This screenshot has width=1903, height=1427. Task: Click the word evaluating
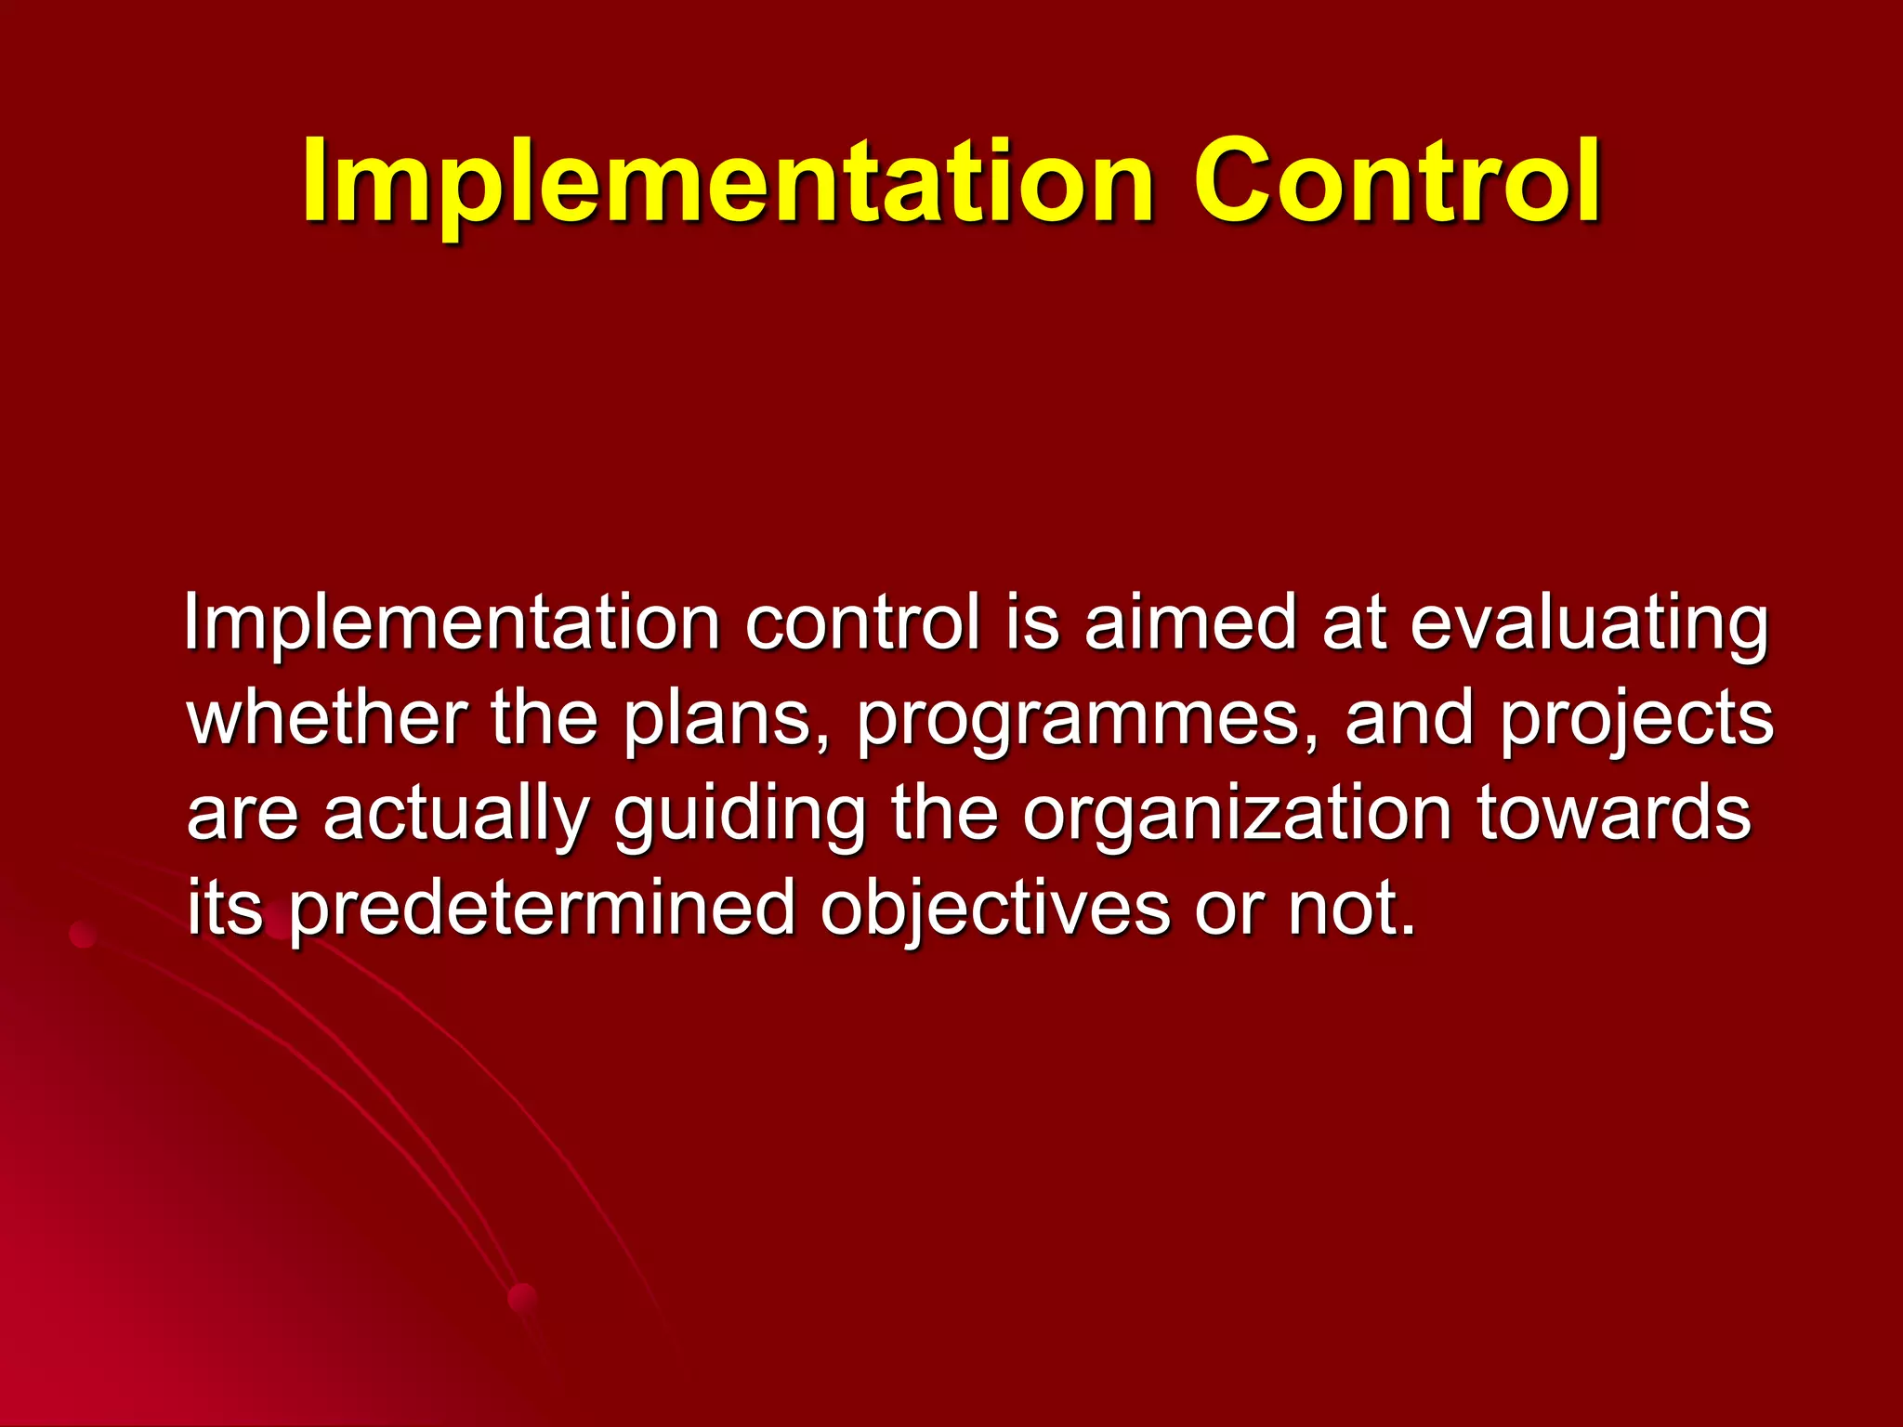(1589, 624)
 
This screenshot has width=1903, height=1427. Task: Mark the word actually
(455, 815)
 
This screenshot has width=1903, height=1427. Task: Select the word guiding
(739, 815)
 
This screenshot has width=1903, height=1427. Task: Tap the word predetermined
(542, 910)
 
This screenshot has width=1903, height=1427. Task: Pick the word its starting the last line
(225, 908)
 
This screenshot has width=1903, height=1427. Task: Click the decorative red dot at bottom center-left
(523, 1298)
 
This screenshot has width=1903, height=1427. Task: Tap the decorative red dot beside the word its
(84, 934)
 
